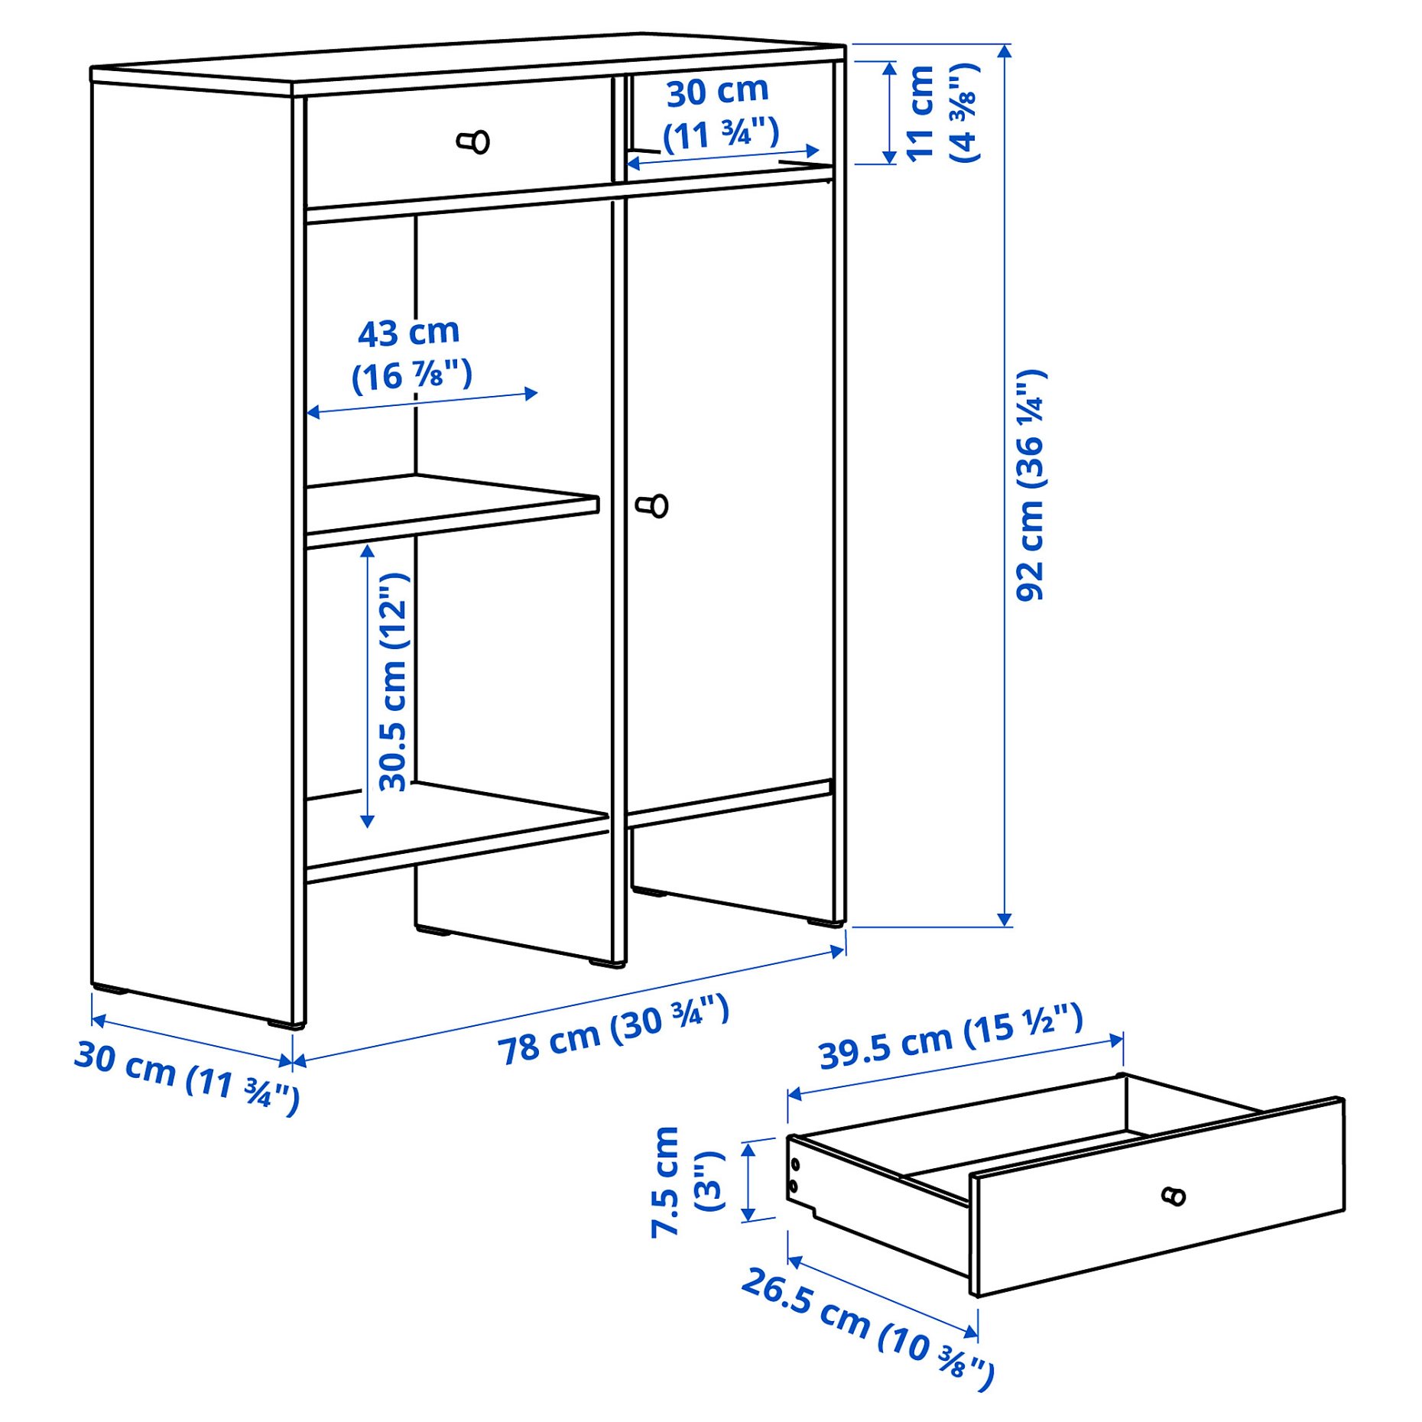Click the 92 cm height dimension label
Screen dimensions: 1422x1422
tap(1031, 485)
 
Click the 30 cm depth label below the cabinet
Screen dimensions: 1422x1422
tap(187, 1076)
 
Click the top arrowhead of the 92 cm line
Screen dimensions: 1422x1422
tap(1005, 50)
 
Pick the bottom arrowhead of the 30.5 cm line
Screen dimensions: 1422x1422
tap(367, 821)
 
